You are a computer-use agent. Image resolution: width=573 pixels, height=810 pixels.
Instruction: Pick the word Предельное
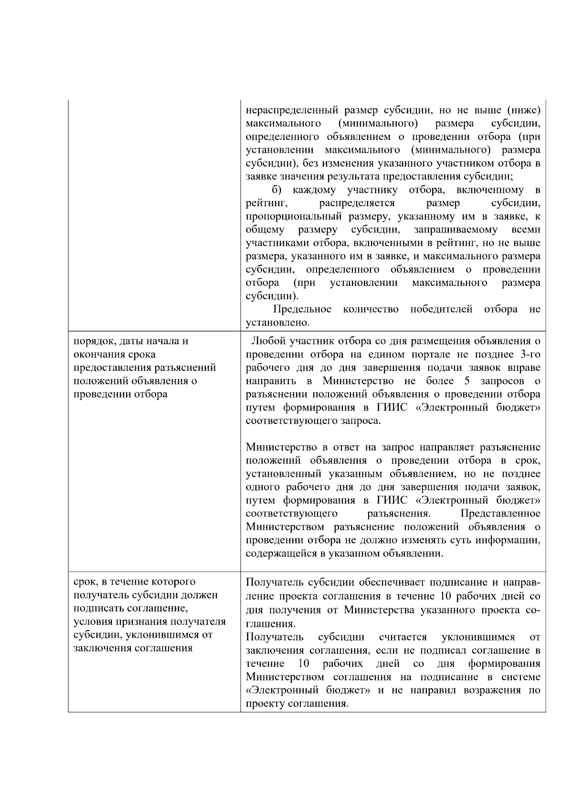coord(302,309)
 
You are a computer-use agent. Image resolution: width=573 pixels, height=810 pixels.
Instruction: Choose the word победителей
coord(441,309)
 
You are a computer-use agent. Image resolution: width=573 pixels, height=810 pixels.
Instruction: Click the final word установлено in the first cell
coord(277,323)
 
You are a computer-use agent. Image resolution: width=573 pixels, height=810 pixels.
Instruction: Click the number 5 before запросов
coord(467,381)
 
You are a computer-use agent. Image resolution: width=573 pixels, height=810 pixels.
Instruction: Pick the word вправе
coord(524,368)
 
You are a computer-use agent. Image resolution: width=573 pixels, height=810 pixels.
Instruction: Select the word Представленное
coord(500,514)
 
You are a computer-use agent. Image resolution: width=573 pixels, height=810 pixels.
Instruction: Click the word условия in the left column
coord(91,622)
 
